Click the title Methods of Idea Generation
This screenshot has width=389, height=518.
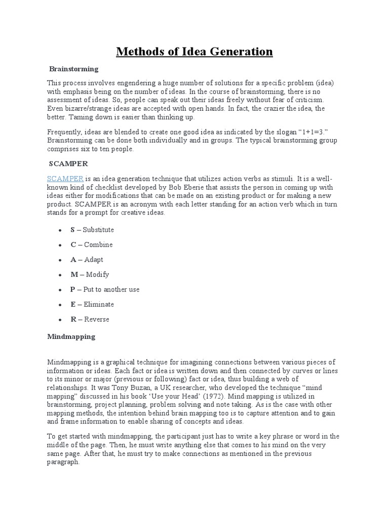(194, 52)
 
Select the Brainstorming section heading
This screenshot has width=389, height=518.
(74, 69)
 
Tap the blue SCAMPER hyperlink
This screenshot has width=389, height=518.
(65, 179)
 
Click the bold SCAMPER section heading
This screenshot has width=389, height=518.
(68, 163)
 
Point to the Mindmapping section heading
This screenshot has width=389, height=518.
(71, 336)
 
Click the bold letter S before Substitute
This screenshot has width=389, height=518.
(73, 230)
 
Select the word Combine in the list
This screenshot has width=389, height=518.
(98, 245)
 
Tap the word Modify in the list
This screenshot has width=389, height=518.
(97, 275)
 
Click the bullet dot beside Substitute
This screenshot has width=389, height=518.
(60, 230)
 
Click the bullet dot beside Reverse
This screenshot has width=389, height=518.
(60, 320)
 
